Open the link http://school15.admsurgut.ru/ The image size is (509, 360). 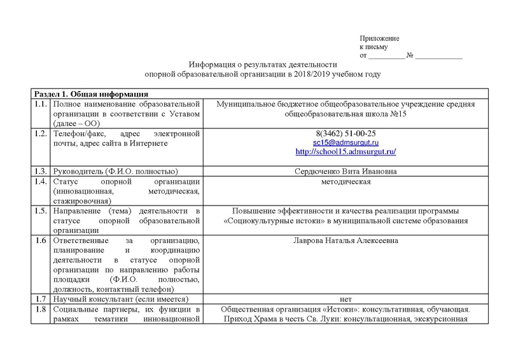pos(345,153)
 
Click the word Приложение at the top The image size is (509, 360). pos(377,39)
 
